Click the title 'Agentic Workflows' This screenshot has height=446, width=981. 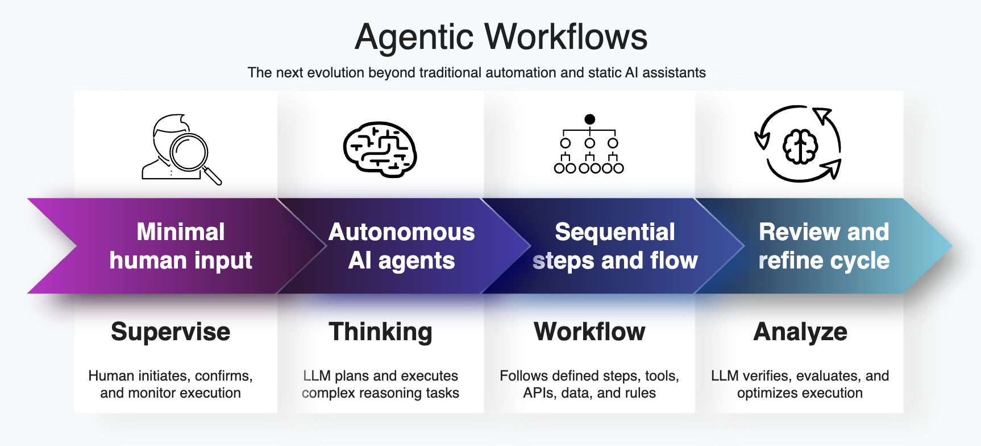pos(501,37)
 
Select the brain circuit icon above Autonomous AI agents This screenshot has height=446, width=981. pos(380,150)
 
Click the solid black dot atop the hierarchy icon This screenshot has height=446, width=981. pos(590,119)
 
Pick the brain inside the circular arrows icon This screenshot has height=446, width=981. pos(800,146)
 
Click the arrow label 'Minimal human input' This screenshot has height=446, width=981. pos(181,246)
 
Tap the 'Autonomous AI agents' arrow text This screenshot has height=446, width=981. pos(401,246)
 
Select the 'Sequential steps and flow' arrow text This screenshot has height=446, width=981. pos(615,246)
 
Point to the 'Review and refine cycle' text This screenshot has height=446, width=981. pos(824,246)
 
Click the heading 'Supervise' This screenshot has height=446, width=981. pos(171,332)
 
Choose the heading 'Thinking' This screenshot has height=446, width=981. pos(380,332)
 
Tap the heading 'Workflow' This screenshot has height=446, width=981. pos(589,332)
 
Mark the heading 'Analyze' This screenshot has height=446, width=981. pos(800,332)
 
